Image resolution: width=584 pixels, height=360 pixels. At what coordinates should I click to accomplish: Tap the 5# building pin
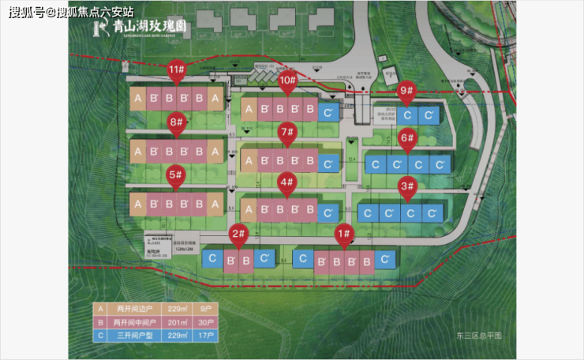tap(176, 176)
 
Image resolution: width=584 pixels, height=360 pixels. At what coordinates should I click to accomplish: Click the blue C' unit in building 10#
tap(328, 111)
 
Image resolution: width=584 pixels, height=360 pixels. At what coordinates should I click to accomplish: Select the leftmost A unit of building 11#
tap(137, 99)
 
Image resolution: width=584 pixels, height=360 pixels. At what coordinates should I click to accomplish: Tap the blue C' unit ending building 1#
tap(385, 260)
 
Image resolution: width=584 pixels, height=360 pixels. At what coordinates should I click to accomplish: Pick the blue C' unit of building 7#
tap(328, 163)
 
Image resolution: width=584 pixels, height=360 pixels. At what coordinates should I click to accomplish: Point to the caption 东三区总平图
tap(478, 336)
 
